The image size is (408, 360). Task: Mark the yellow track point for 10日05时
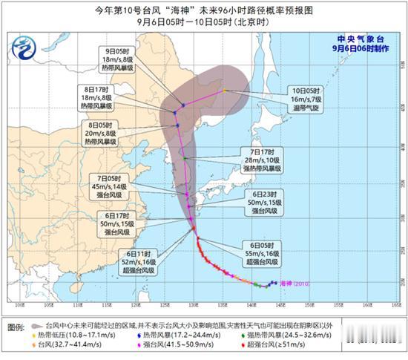[225, 91]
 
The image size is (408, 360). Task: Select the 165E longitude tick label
[396, 304]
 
